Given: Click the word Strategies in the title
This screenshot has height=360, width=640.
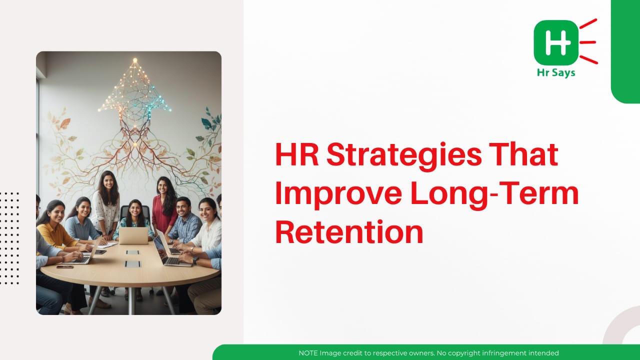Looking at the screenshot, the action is [404, 155].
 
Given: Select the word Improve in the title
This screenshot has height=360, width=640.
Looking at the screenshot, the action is [338, 195].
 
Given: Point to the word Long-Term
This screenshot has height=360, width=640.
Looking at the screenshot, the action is [495, 195].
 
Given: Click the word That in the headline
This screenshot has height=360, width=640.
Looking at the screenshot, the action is [523, 154].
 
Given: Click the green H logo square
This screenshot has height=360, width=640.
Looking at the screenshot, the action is [556, 42].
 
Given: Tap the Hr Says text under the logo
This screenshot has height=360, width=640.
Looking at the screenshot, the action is [556, 72].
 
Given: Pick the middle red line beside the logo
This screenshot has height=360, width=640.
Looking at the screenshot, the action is [587, 42].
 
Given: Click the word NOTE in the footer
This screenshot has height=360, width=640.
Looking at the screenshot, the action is [308, 353].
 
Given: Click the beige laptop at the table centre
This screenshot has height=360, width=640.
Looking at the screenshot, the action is [133, 235].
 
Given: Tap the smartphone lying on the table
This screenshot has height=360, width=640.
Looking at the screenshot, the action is [65, 267].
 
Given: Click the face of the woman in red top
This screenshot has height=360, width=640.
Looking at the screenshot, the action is [162, 187].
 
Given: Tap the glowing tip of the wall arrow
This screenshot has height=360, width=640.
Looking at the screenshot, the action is [135, 60].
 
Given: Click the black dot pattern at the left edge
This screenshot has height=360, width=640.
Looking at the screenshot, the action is [9, 238].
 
